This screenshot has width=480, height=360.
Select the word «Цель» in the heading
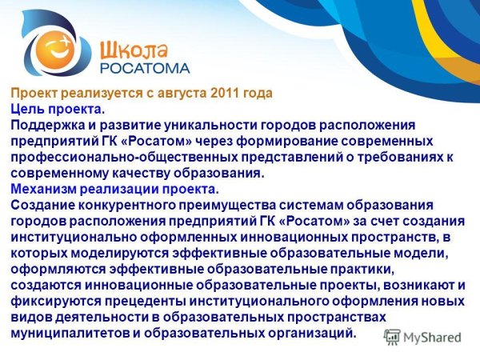(x=28, y=109)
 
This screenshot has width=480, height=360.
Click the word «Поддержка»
(x=47, y=125)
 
